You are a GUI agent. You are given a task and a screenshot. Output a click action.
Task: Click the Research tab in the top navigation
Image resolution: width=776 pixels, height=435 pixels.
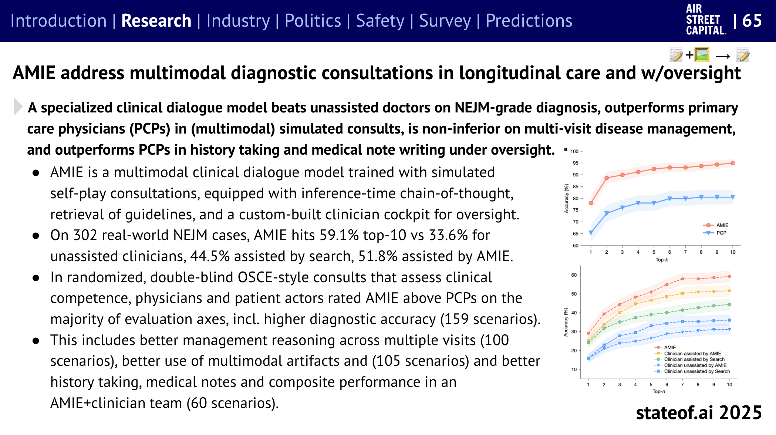(156, 21)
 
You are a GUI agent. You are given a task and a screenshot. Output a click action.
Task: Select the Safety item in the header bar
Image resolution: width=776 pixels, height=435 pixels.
(380, 21)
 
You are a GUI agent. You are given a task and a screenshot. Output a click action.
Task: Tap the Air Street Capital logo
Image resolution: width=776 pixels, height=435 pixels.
(705, 20)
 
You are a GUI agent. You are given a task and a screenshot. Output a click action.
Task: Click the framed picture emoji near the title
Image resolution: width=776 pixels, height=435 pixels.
(702, 55)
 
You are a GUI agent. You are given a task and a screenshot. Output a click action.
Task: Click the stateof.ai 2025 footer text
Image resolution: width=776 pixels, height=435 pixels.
(699, 412)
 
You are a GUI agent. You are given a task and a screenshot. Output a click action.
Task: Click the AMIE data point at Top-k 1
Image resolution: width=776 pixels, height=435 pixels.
(591, 203)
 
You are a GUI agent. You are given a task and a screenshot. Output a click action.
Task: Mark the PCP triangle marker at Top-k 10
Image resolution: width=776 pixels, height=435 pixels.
(733, 197)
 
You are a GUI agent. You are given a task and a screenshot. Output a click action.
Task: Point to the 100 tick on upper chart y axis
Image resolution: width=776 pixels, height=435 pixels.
(574, 151)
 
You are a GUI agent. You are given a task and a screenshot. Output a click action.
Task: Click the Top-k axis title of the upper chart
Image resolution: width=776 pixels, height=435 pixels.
(661, 260)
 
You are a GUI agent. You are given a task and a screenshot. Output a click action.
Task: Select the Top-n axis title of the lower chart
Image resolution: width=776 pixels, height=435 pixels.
(658, 391)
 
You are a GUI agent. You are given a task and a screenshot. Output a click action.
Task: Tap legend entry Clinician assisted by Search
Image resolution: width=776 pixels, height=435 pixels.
(694, 359)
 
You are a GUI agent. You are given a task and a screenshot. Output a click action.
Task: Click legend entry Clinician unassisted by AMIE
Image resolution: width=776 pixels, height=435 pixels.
(695, 365)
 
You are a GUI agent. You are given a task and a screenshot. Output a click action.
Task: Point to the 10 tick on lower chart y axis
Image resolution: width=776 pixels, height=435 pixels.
(574, 369)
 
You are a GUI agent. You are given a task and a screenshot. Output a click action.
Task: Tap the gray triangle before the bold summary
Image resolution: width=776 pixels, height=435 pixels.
(17, 107)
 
